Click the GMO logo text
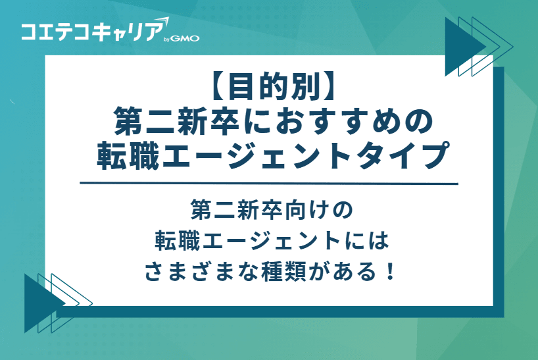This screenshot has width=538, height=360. (x=186, y=38)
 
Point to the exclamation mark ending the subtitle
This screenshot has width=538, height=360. (x=389, y=270)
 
